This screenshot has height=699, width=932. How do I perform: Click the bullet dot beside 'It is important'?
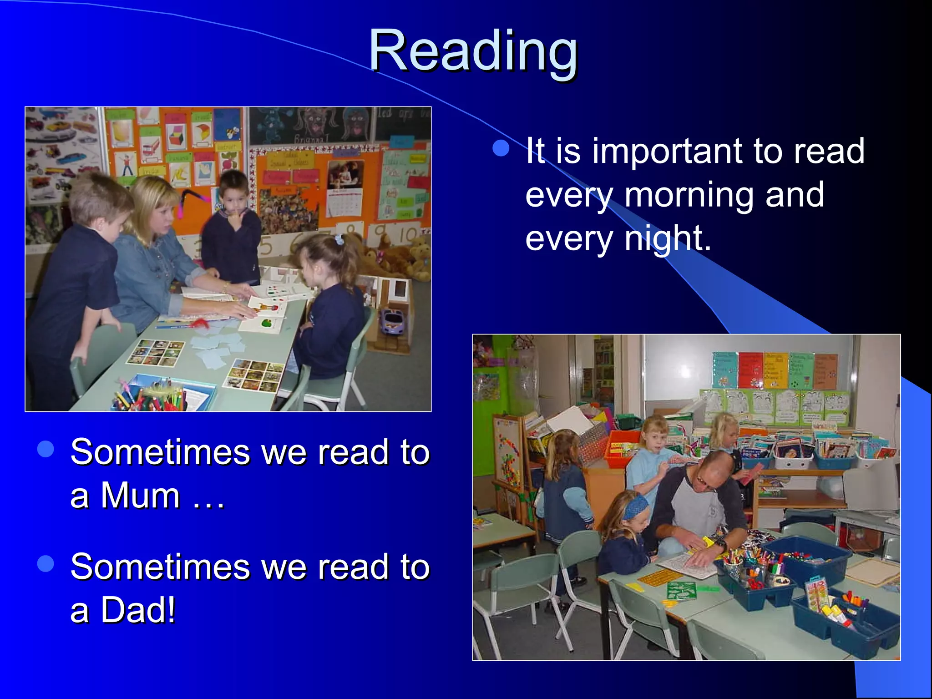tap(501, 148)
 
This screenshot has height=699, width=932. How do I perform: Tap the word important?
tap(669, 151)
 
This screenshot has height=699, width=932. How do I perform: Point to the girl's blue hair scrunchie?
tap(339, 239)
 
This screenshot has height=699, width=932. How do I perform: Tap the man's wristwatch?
tap(720, 544)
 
